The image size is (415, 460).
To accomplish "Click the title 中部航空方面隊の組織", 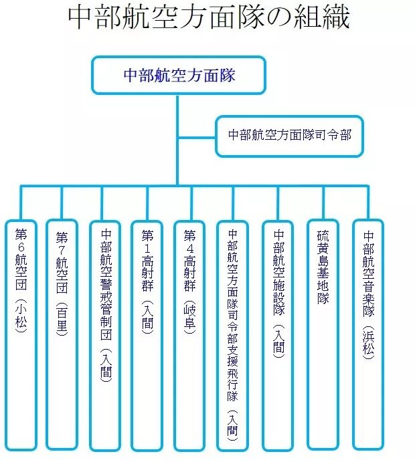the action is (x=209, y=17).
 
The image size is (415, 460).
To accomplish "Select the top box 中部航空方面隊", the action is (x=179, y=76).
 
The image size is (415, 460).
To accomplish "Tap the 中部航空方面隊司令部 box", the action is (x=290, y=136).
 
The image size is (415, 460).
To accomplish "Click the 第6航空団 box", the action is (x=21, y=335).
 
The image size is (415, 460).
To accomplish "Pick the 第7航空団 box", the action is (x=62, y=335).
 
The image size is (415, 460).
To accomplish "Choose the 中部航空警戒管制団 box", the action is (x=106, y=336).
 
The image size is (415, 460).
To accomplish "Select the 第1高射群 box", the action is (x=147, y=336).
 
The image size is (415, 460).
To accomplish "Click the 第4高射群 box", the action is (x=189, y=336).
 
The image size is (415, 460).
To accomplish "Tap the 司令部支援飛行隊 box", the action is (x=232, y=336).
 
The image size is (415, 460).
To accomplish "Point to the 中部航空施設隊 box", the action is (x=278, y=336).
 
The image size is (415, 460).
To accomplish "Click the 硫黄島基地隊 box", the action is (x=323, y=335).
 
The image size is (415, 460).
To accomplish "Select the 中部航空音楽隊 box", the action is (x=368, y=335).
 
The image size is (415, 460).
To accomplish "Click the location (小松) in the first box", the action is (x=21, y=316).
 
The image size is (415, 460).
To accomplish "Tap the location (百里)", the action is (x=62, y=319).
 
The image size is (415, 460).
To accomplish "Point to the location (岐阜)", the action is (x=189, y=318).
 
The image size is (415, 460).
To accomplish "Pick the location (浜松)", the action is (x=368, y=342).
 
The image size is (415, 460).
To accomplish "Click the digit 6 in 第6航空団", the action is (x=21, y=247).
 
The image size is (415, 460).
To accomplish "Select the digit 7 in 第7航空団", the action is (x=62, y=251).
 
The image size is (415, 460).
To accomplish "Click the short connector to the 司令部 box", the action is (x=197, y=137).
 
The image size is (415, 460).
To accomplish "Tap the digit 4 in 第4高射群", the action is (x=189, y=249).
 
